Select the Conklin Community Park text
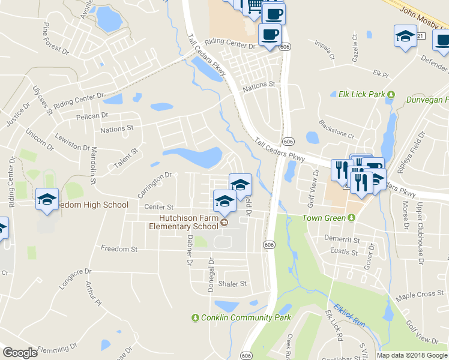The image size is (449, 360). pyautogui.click(x=246, y=317)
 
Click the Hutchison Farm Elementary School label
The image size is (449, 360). pyautogui.click(x=188, y=223)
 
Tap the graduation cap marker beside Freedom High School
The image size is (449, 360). pyautogui.click(x=47, y=200)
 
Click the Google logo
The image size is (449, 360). pyautogui.click(x=20, y=353)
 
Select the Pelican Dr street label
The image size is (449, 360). pyautogui.click(x=92, y=115)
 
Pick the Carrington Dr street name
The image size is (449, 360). pyautogui.click(x=154, y=185)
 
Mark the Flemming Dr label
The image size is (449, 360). pyautogui.click(x=57, y=347)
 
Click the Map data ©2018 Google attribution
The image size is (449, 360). pyautogui.click(x=412, y=355)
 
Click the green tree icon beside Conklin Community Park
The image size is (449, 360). pyautogui.click(x=194, y=317)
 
